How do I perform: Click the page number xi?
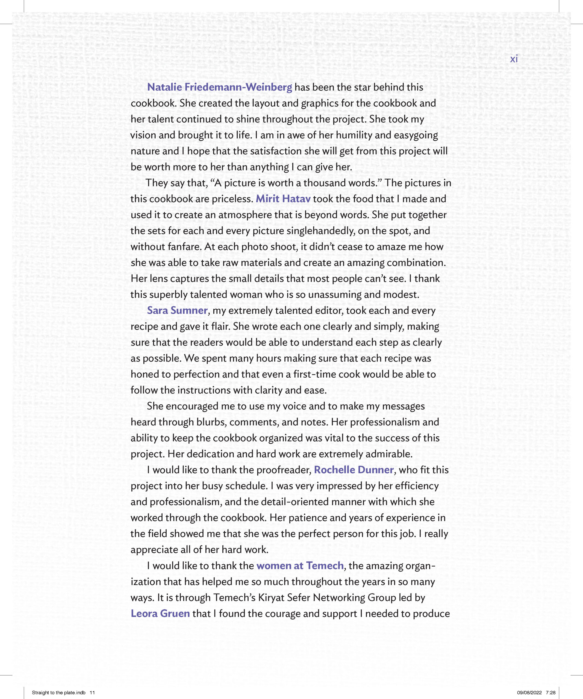[x=514, y=59]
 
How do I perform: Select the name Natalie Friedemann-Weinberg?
[x=219, y=87]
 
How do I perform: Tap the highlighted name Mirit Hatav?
[x=283, y=199]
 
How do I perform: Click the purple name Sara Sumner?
[x=177, y=310]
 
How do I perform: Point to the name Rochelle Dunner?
[x=354, y=470]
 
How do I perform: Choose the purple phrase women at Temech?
[x=300, y=565]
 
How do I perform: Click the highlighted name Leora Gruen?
[x=160, y=614]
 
